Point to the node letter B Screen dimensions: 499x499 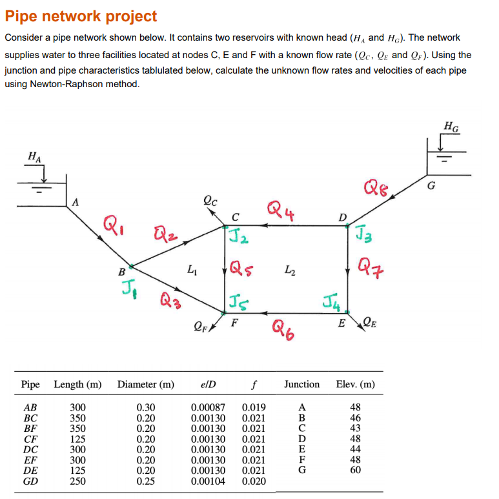121,272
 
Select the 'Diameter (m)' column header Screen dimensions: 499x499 145,384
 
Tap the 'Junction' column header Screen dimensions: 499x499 301,384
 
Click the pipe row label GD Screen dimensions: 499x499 30,480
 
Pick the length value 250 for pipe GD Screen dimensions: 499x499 77,480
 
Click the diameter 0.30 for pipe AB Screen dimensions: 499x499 146,407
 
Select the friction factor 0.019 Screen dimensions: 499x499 254,407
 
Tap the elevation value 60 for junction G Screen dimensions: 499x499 355,470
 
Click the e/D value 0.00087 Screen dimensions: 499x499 209,407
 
